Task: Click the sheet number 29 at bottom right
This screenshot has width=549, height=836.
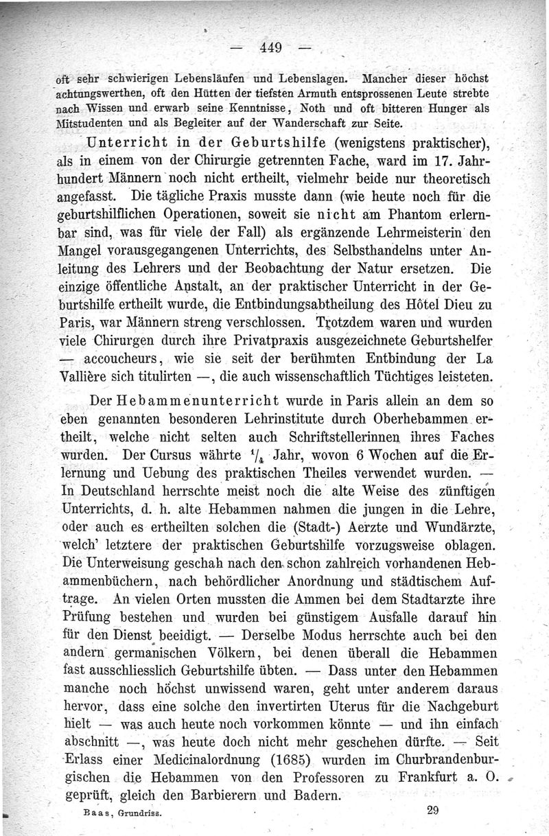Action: click(x=432, y=810)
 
